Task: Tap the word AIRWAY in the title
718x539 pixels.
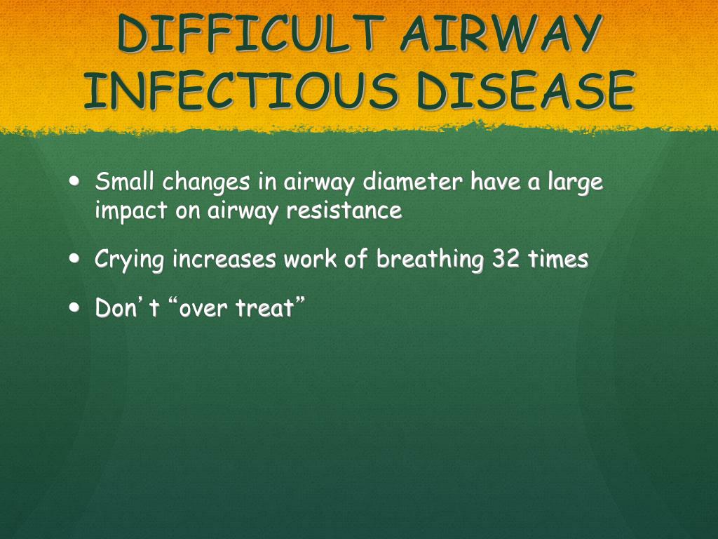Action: (x=501, y=33)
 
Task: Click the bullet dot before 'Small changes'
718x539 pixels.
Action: (x=74, y=180)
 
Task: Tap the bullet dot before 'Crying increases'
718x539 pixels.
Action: (x=74, y=258)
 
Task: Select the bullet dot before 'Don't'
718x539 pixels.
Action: (x=74, y=307)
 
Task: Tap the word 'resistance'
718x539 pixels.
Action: (x=344, y=210)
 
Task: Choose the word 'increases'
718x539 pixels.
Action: (x=224, y=258)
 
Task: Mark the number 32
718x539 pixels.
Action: (x=506, y=258)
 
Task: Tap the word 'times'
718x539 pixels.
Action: (x=558, y=258)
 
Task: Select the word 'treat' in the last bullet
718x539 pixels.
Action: (x=264, y=307)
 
